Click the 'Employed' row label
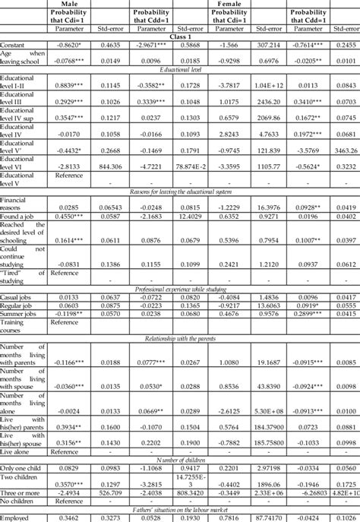[x=19, y=517]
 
